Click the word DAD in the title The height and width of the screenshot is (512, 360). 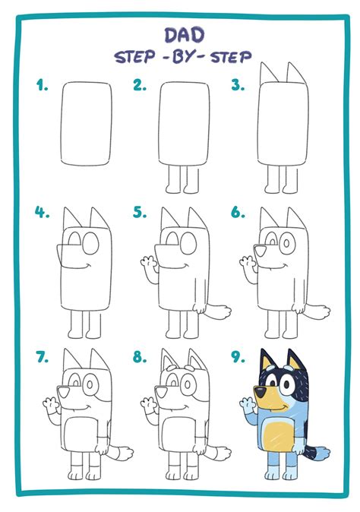pyautogui.click(x=185, y=35)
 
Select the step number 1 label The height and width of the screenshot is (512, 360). pyautogui.click(x=42, y=85)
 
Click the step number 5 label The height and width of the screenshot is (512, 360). pyautogui.click(x=140, y=213)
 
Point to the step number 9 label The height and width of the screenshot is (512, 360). pyautogui.click(x=238, y=356)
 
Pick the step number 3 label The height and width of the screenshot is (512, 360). pyautogui.click(x=238, y=85)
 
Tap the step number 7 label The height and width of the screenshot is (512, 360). pyautogui.click(x=43, y=356)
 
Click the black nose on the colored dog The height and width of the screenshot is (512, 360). pyautogui.click(x=261, y=392)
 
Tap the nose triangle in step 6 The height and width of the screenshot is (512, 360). pyautogui.click(x=261, y=251)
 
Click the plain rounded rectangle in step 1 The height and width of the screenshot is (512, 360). pyautogui.click(x=87, y=124)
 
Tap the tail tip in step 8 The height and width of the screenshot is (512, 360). pyautogui.click(x=223, y=452)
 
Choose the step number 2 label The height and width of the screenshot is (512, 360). pyautogui.click(x=140, y=85)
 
